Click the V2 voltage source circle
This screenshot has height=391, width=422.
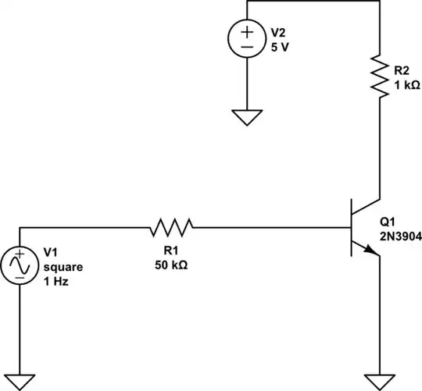tap(246, 39)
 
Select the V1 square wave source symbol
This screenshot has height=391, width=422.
tap(20, 266)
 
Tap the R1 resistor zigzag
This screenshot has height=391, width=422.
tap(171, 227)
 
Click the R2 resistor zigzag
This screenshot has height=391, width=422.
tap(379, 76)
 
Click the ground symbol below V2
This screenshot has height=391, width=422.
tap(246, 117)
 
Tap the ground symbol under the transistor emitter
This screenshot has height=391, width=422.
tap(379, 382)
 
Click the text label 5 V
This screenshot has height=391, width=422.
tap(280, 46)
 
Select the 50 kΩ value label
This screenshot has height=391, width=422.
tap(170, 265)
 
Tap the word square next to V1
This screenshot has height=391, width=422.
tap(63, 267)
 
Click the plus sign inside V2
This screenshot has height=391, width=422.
tap(246, 32)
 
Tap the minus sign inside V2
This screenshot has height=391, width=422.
tap(246, 47)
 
